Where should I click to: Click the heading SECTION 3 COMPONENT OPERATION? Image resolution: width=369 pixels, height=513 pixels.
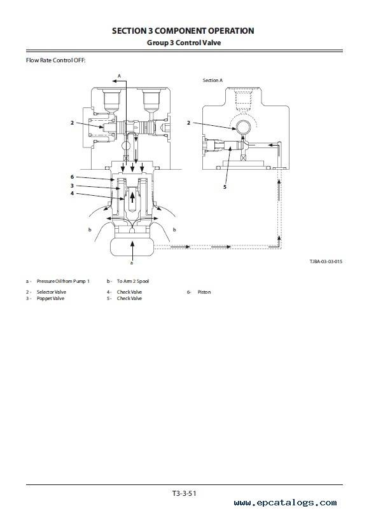(183, 31)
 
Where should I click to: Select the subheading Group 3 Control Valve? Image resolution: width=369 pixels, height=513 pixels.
(184, 43)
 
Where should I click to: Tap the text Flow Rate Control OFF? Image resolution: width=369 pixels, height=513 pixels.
(55, 60)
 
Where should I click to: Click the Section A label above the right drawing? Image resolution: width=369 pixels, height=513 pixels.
(212, 80)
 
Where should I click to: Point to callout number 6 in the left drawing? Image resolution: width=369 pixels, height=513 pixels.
(73, 177)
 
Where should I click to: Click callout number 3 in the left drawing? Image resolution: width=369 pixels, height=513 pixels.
(73, 186)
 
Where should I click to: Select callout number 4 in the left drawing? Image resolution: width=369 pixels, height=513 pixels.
(73, 193)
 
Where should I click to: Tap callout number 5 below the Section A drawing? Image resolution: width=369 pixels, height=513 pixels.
(225, 187)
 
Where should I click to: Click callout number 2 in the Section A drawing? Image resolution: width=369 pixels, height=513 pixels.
(188, 123)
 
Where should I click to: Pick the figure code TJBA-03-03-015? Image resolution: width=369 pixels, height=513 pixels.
(326, 261)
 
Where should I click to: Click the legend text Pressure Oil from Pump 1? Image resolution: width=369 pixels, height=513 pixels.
(63, 281)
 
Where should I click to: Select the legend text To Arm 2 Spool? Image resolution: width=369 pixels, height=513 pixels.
(133, 281)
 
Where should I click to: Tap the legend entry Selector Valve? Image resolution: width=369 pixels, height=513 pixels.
(52, 292)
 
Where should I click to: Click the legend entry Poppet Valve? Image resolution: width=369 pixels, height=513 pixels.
(50, 298)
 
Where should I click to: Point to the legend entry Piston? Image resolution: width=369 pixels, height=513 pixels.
(204, 292)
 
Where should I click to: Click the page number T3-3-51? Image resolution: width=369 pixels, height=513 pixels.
(184, 493)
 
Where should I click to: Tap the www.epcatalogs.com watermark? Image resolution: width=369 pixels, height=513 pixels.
(285, 503)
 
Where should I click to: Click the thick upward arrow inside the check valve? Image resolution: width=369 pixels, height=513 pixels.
(132, 197)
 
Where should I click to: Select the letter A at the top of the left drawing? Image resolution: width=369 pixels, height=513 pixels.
(119, 76)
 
